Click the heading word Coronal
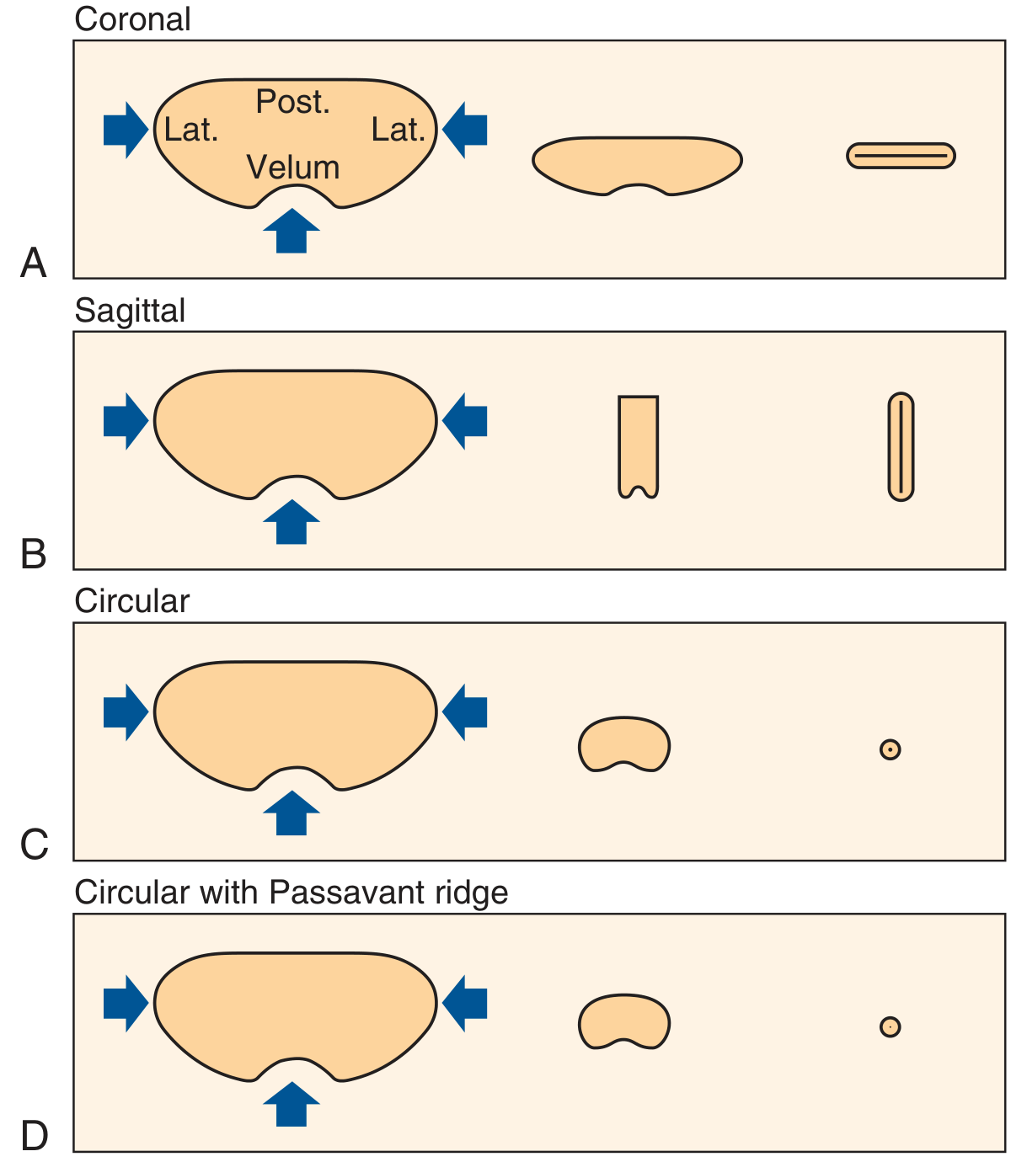click(x=131, y=19)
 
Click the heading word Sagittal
click(x=130, y=311)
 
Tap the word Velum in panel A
click(x=292, y=167)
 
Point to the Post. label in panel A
click(x=292, y=102)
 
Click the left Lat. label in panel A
click(x=191, y=130)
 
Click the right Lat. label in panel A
click(x=399, y=130)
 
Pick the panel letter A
click(x=33, y=263)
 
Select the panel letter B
click(x=33, y=554)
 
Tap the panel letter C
click(x=34, y=845)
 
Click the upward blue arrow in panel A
click(x=291, y=231)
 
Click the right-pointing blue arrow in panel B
click(x=126, y=421)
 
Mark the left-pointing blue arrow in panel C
click(x=464, y=712)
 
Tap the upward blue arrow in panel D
click(x=291, y=1104)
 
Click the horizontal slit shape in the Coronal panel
click(x=901, y=156)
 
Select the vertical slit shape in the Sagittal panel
click(x=901, y=446)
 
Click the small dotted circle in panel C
click(x=890, y=749)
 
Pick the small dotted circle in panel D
click(x=890, y=1026)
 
